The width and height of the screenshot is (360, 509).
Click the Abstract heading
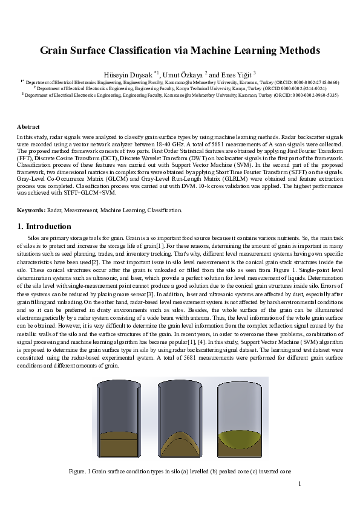click(28, 127)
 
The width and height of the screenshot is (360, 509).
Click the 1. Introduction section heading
click(45, 227)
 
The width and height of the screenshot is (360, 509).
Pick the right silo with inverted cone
click(240, 418)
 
